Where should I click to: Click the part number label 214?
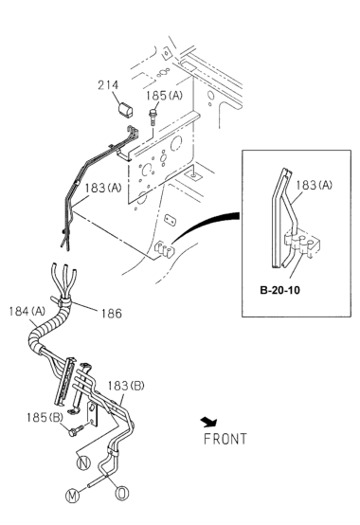(x=108, y=85)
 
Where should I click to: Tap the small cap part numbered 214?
(x=126, y=110)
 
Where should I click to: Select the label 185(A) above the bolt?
(x=164, y=96)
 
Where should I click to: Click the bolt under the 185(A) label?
(x=153, y=118)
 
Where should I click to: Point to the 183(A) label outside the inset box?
(x=103, y=188)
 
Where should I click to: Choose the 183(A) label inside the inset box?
(x=314, y=185)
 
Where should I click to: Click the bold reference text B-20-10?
(x=280, y=290)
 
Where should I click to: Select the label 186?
(x=112, y=314)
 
